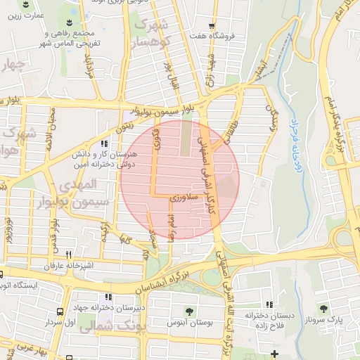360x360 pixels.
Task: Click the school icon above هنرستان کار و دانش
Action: click(x=105, y=144)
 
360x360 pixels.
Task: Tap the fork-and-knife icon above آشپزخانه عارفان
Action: click(x=68, y=255)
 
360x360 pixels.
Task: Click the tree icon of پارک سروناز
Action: click(x=323, y=308)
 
